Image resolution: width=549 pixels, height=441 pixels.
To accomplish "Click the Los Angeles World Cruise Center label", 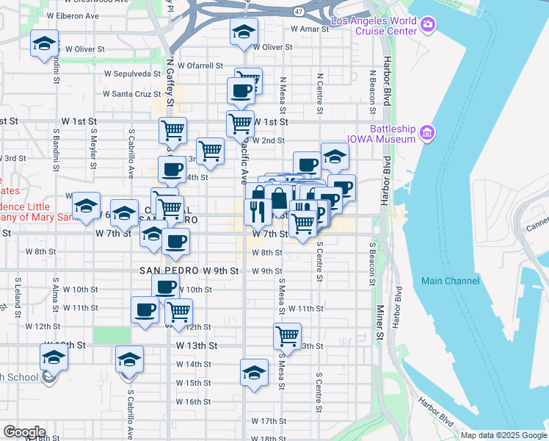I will [373, 26].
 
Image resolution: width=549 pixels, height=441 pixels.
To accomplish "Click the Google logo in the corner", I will [23, 432].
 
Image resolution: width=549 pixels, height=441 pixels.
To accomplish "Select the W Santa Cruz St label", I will [131, 94].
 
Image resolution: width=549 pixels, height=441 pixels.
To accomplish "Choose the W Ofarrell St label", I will [200, 65].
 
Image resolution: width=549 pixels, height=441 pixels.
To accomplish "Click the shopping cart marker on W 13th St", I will [287, 336].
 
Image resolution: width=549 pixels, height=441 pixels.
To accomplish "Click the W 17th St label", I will [268, 421].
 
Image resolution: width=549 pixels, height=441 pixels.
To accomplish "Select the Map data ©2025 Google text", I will [503, 435].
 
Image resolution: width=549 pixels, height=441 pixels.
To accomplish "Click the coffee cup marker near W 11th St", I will [145, 309].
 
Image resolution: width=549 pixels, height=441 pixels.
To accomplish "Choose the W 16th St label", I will [194, 402].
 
